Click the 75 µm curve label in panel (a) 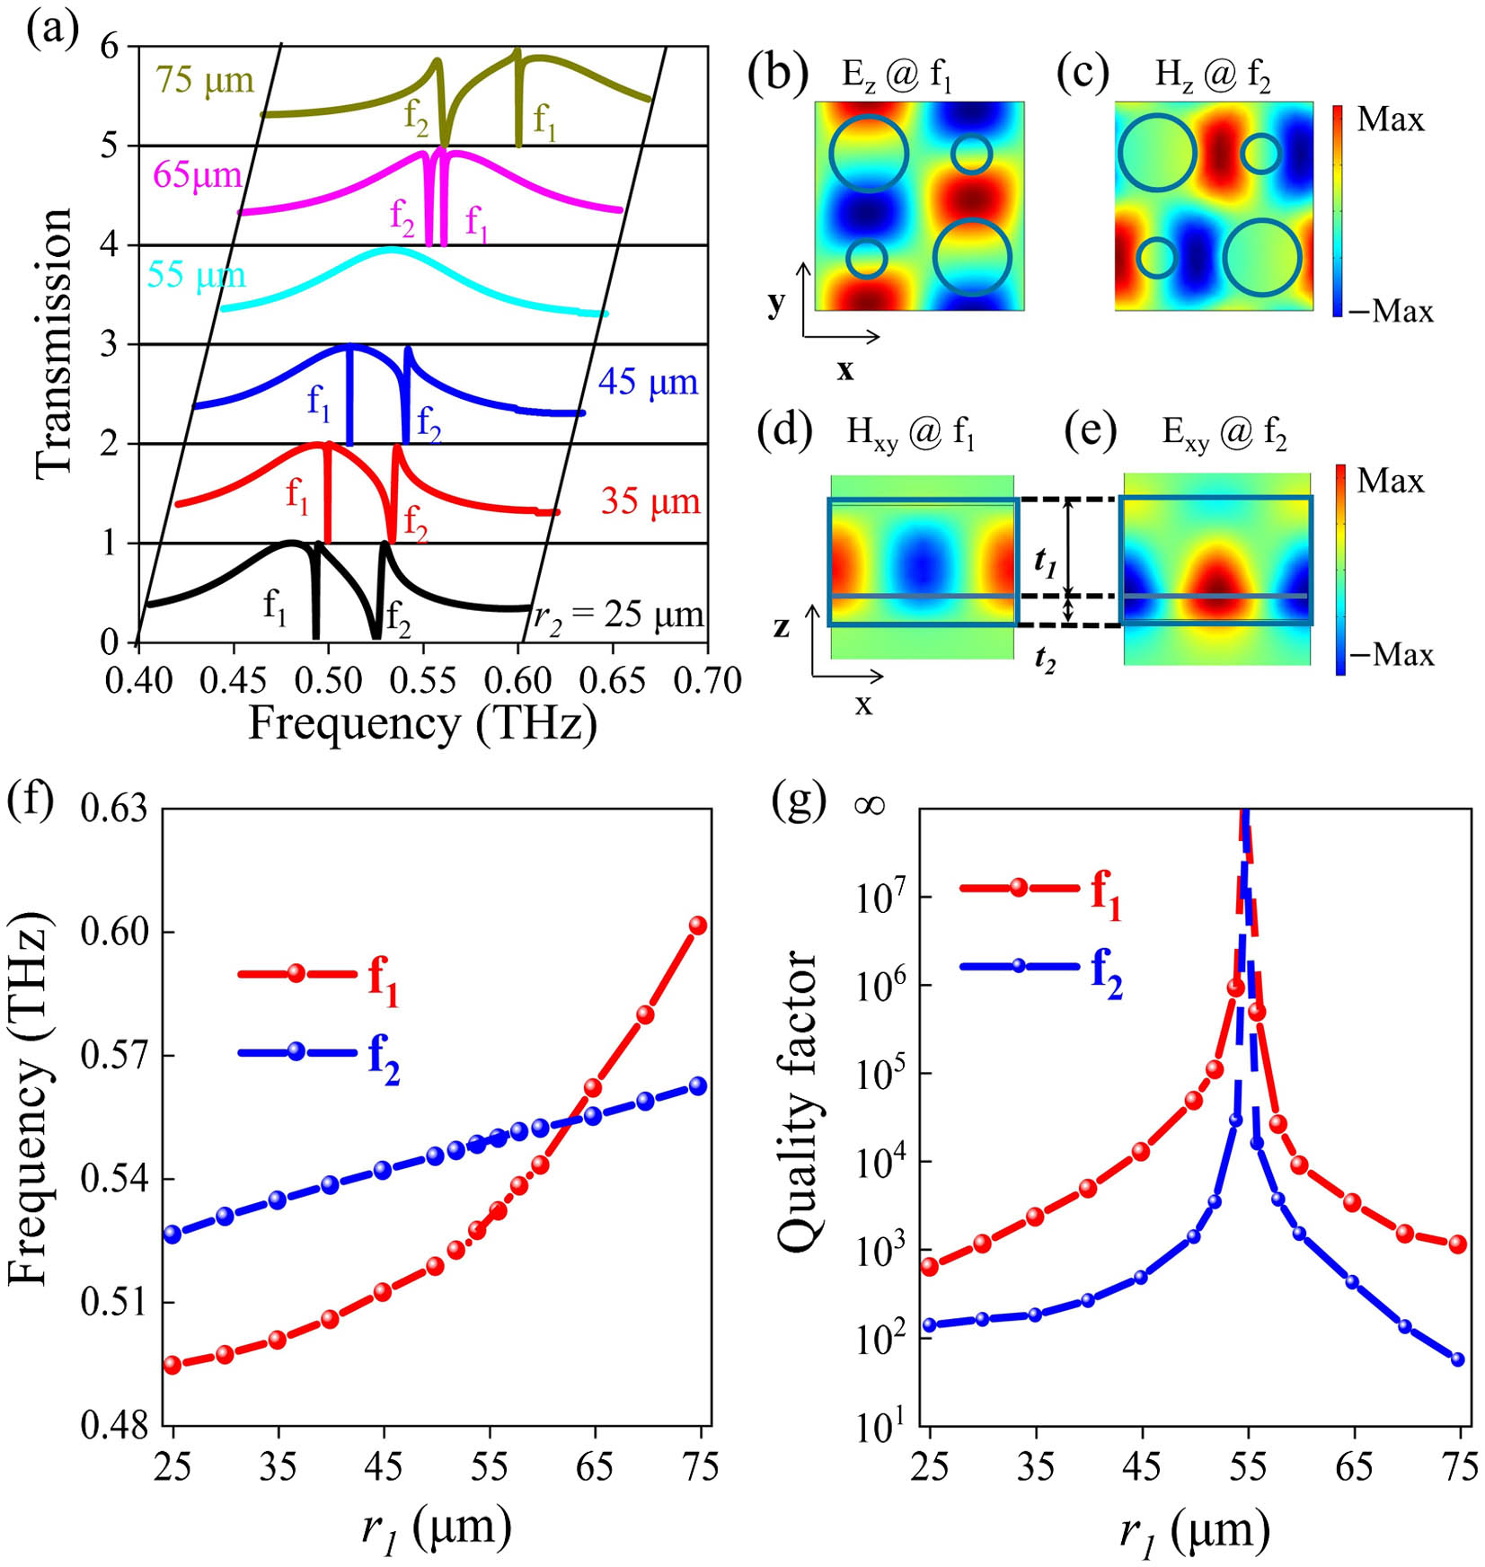[x=205, y=81]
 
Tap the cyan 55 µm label [x=196, y=275]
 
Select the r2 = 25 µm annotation [x=618, y=615]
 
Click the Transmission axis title [x=53, y=342]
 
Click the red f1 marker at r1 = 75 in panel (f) [x=697, y=925]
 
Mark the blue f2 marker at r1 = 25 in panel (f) [x=172, y=1235]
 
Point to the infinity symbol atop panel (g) [x=870, y=805]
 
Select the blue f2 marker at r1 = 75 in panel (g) [x=1457, y=1359]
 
